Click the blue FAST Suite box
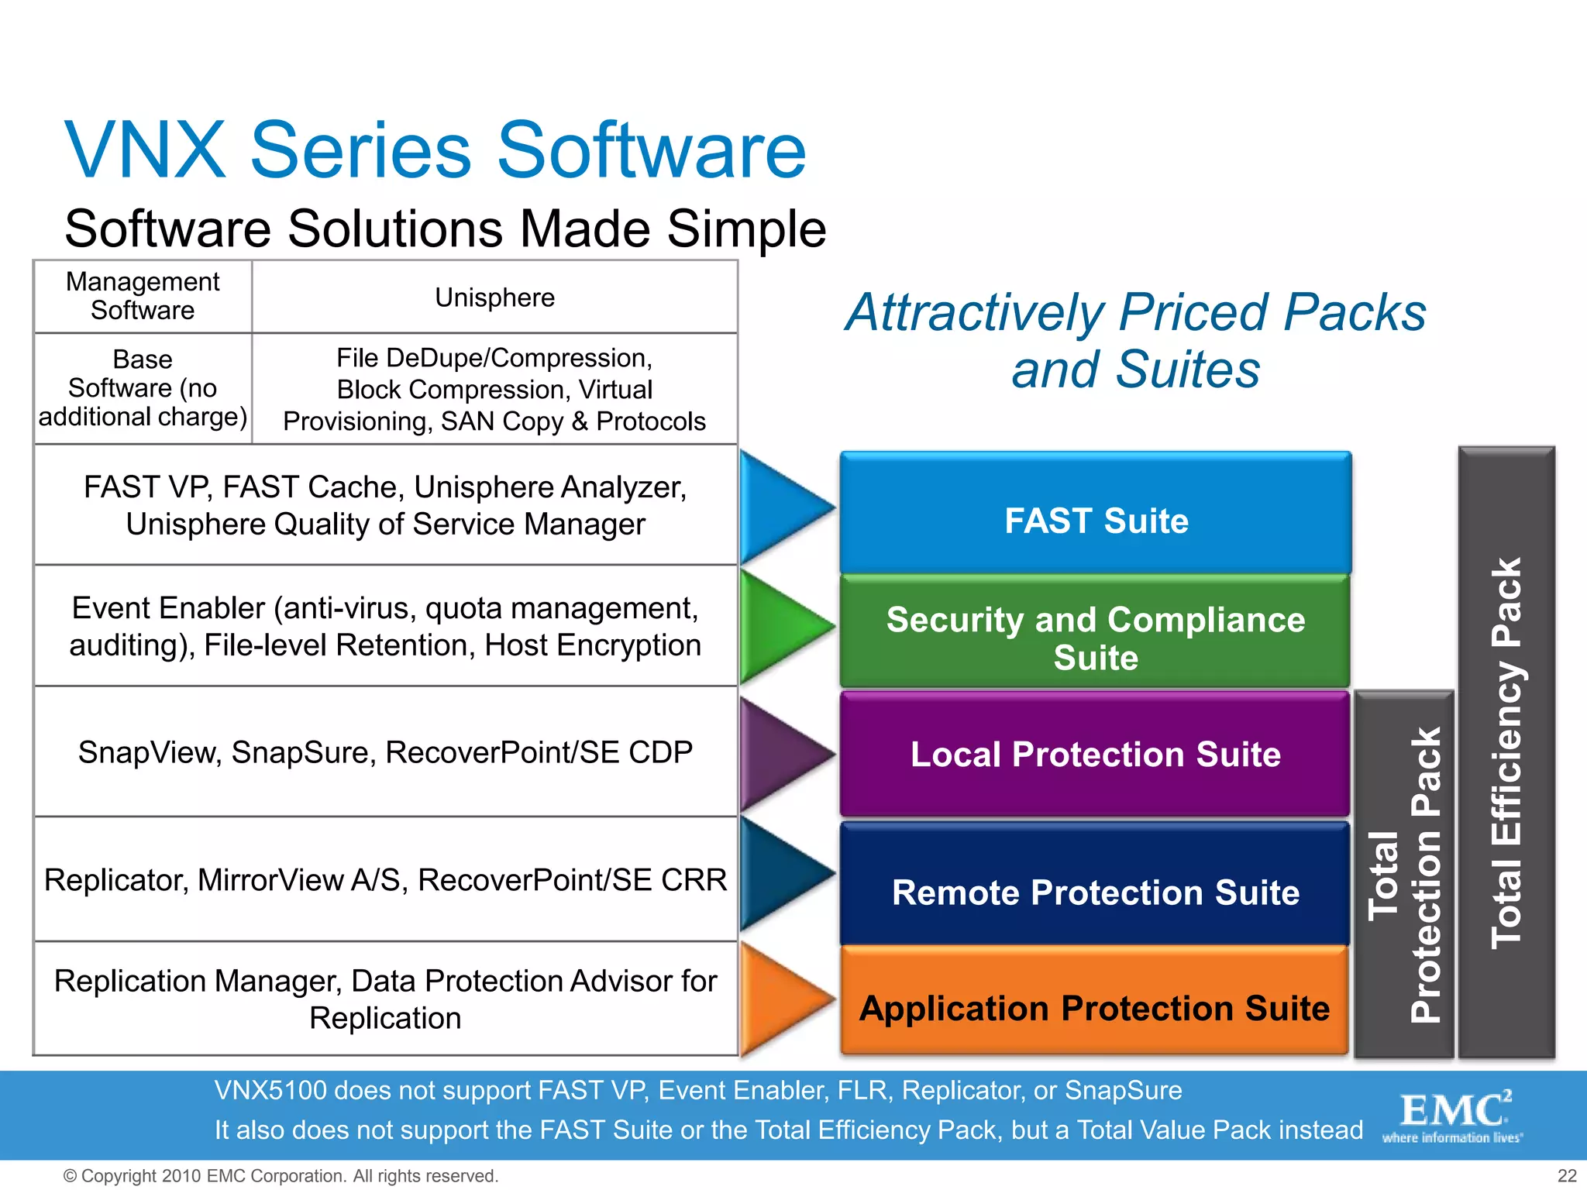pyautogui.click(x=1096, y=513)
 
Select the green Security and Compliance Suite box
pyautogui.click(x=1096, y=631)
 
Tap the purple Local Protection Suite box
pyautogui.click(x=1096, y=754)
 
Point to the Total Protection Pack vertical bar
pyautogui.click(x=1404, y=875)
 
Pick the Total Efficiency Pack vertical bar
pyautogui.click(x=1506, y=751)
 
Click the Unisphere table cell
pyautogui.click(x=494, y=297)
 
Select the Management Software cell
pyautogui.click(x=143, y=296)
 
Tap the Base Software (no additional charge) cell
pyautogui.click(x=143, y=388)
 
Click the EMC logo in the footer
pyautogui.click(x=1454, y=1116)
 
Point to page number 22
pyautogui.click(x=1567, y=1175)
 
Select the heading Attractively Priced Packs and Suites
pyautogui.click(x=1135, y=340)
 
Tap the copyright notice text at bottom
pyautogui.click(x=281, y=1175)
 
